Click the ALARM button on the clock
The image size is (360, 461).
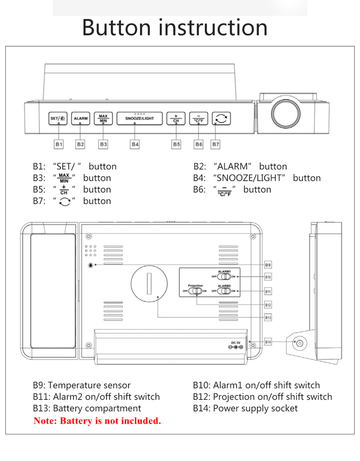click(x=81, y=118)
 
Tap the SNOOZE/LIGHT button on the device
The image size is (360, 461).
click(x=139, y=118)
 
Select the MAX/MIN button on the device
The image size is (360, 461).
click(x=103, y=118)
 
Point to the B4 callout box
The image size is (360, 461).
click(x=135, y=144)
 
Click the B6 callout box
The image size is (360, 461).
click(x=198, y=144)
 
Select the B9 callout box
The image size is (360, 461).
click(x=268, y=265)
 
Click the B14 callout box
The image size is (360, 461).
click(x=268, y=342)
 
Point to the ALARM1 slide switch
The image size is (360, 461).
click(x=224, y=277)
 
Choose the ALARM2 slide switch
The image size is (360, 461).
click(x=224, y=291)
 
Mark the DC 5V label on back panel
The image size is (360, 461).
click(x=236, y=343)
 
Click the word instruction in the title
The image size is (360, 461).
click(x=214, y=27)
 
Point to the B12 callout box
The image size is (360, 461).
click(x=268, y=305)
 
